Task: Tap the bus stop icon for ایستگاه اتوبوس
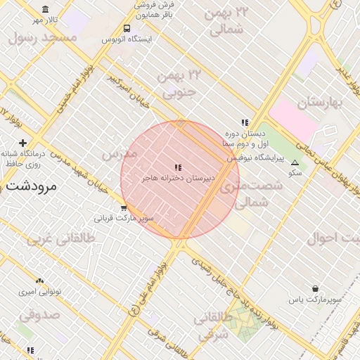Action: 127,29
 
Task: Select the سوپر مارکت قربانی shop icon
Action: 124,207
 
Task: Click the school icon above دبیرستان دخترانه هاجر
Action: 177,167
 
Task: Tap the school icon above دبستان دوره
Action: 245,123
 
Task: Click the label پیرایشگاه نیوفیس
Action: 255,157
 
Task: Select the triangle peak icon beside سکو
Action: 295,162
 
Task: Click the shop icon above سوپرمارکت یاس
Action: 315,288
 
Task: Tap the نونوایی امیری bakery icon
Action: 39,281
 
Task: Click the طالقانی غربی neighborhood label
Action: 60,238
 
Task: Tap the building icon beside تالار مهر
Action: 46,10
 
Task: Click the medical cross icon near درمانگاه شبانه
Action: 23,143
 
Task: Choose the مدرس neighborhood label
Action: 118,153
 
